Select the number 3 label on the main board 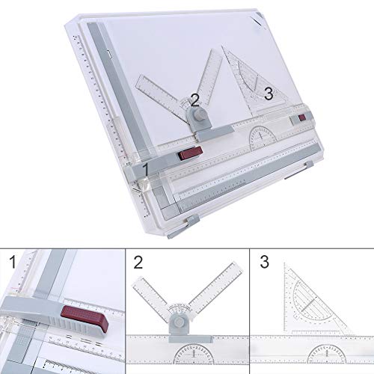click(268, 94)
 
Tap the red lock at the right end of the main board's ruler click(302, 118)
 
